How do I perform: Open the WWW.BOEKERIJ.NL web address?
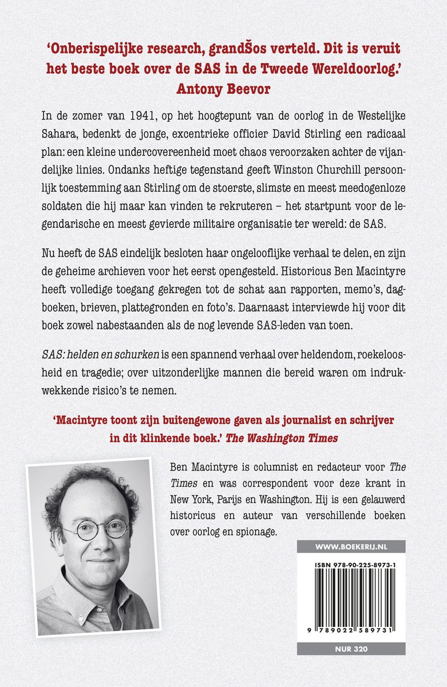pyautogui.click(x=351, y=547)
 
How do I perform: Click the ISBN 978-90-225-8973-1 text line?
pyautogui.click(x=351, y=564)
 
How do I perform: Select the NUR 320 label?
pyautogui.click(x=351, y=649)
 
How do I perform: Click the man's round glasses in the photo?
pyautogui.click(x=95, y=529)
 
